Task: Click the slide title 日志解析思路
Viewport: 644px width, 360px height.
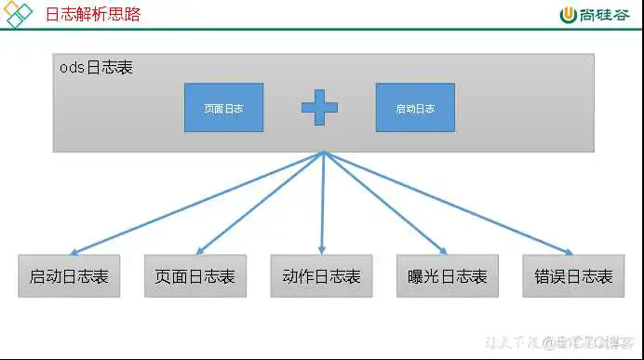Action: pyautogui.click(x=93, y=15)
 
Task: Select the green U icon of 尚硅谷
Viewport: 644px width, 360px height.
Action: pyautogui.click(x=569, y=15)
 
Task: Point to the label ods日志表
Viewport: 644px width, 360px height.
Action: pyautogui.click(x=96, y=70)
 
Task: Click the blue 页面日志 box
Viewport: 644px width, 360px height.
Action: pyautogui.click(x=223, y=108)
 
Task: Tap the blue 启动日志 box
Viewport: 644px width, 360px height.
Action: pyautogui.click(x=415, y=108)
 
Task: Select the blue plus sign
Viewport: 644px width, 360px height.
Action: pyautogui.click(x=319, y=108)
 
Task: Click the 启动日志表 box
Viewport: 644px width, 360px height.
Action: pyautogui.click(x=69, y=276)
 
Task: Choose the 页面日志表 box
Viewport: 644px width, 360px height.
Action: pyautogui.click(x=195, y=276)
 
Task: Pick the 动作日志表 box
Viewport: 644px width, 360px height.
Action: pyautogui.click(x=321, y=276)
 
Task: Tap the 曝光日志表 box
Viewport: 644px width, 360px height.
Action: pyautogui.click(x=448, y=276)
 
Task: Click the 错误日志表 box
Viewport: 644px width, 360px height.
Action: pyautogui.click(x=573, y=276)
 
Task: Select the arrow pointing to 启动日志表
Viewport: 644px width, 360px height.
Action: pyautogui.click(x=195, y=203)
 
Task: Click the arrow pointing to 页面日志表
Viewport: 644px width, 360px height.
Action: pyautogui.click(x=259, y=203)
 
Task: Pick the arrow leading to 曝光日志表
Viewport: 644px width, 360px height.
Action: pyautogui.click(x=384, y=203)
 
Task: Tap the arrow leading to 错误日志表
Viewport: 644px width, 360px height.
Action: pyautogui.click(x=447, y=203)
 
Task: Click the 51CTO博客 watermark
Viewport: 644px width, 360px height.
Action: pyautogui.click(x=586, y=342)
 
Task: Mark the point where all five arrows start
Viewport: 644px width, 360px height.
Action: pyautogui.click(x=323, y=153)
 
